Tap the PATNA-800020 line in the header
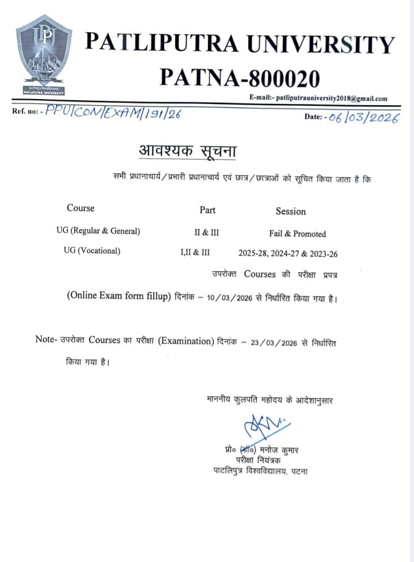240,78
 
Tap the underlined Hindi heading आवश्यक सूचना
187,151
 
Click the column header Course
80,208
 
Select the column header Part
207,210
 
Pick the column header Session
290,211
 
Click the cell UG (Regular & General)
98,231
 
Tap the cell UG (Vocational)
92,251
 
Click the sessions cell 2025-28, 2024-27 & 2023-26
288,253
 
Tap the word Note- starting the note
46,340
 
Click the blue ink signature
258,428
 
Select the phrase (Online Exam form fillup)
118,296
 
